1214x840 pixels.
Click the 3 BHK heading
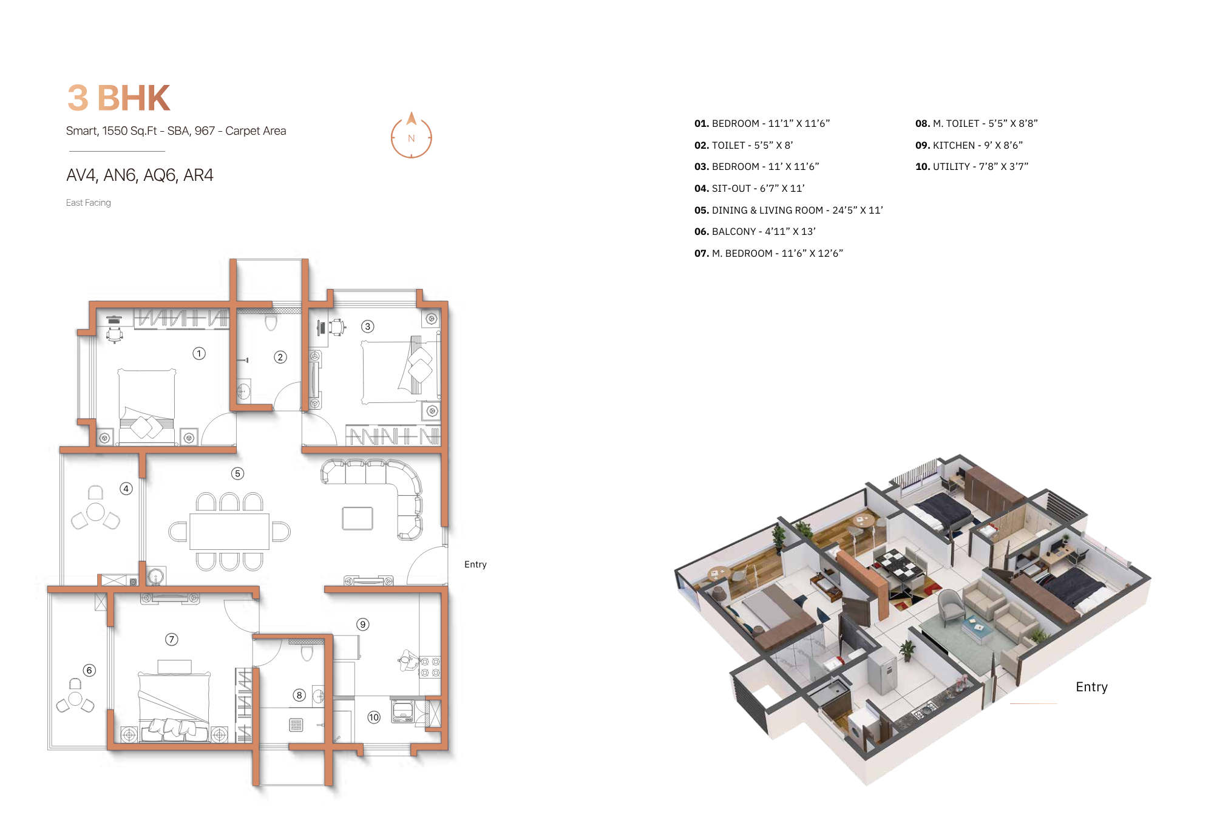tap(118, 98)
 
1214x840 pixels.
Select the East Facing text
tap(89, 203)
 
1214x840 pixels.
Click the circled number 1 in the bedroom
tap(199, 353)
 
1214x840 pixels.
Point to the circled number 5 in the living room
tap(237, 473)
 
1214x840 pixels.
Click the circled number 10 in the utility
tap(374, 717)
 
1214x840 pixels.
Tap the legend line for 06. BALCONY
tap(755, 232)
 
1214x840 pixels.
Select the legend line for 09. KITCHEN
tap(969, 146)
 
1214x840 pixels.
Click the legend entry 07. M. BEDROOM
tap(768, 254)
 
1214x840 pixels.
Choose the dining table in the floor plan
tap(229, 532)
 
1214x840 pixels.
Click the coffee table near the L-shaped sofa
tap(358, 519)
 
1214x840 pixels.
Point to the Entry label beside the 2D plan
tap(475, 564)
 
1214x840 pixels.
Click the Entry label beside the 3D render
tap(1091, 687)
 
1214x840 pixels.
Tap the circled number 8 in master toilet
tap(299, 696)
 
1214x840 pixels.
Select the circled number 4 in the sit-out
tap(126, 489)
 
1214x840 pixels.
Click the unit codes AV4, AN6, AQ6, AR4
tap(140, 175)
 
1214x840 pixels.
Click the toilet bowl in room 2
tap(271, 322)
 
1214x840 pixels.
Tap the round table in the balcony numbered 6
tap(75, 699)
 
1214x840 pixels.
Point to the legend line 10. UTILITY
tap(971, 167)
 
